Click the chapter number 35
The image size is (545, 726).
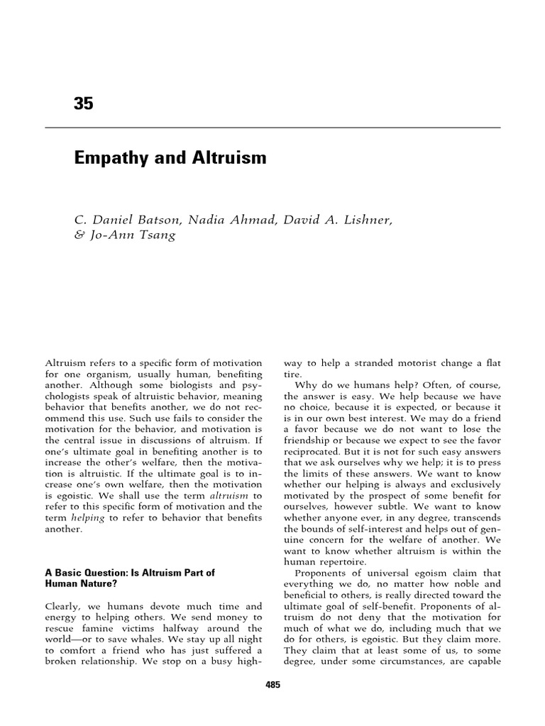[x=83, y=104]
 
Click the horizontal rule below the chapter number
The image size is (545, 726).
[x=272, y=128]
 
